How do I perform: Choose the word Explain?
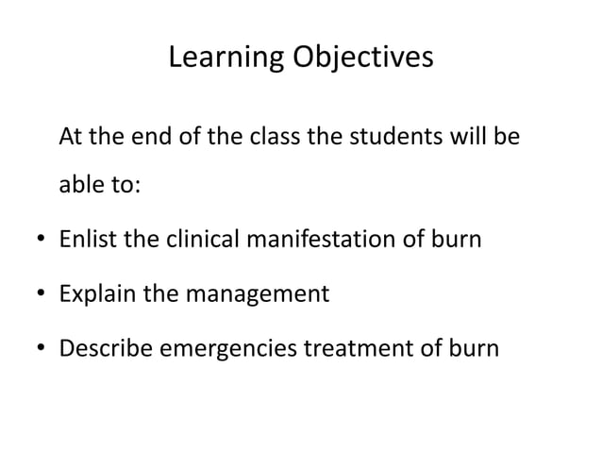point(97,294)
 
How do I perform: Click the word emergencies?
point(230,349)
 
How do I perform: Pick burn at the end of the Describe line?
point(471,348)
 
